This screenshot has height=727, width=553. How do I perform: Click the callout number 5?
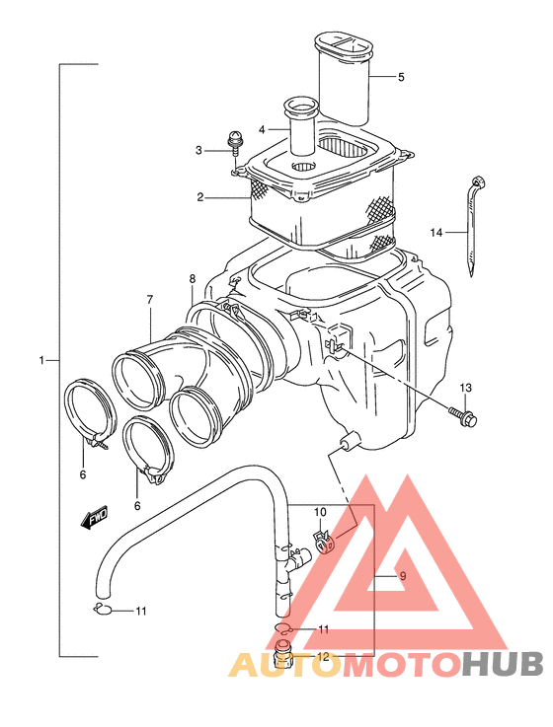[401, 77]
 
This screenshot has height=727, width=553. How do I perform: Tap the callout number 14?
[436, 232]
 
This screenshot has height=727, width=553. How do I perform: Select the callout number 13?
[465, 387]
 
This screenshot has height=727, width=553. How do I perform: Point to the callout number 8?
[193, 279]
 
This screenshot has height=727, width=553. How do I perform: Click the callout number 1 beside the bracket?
[41, 360]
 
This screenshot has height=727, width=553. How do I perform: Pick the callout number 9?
[403, 576]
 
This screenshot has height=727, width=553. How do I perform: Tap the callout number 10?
[320, 512]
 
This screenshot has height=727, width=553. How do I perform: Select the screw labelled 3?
[234, 142]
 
